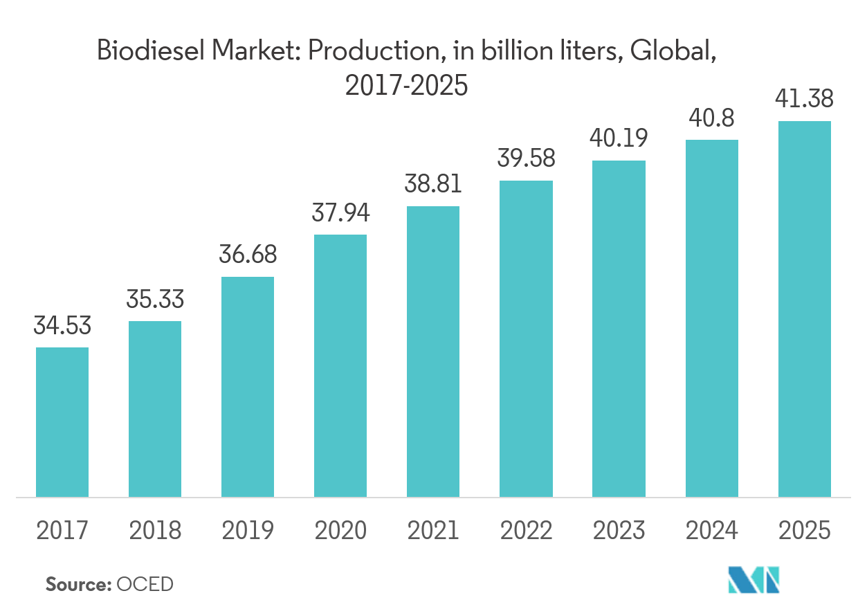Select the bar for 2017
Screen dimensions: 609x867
(62, 422)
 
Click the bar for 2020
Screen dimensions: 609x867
(340, 365)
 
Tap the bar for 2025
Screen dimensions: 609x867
(805, 309)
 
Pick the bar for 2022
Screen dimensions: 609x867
(526, 338)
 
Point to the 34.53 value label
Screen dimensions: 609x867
(62, 325)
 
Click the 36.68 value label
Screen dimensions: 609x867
(248, 255)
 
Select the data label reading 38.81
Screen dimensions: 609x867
(433, 184)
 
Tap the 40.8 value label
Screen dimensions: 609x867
(711, 118)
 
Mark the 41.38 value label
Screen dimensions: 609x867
(805, 99)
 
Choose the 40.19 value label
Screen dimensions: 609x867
(619, 138)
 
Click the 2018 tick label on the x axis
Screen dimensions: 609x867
(155, 531)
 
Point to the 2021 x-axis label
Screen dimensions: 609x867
(433, 531)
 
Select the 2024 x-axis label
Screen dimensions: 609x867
(711, 531)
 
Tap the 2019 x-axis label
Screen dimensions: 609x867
(248, 531)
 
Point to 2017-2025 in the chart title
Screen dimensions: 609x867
(406, 86)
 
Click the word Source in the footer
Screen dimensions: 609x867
(77, 584)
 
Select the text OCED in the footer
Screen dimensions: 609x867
(145, 584)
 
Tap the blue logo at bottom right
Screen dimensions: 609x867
(760, 579)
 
